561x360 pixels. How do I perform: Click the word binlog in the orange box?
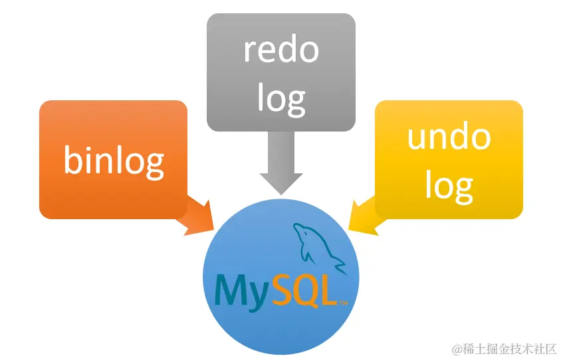(x=114, y=160)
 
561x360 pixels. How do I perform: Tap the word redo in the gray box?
(x=281, y=50)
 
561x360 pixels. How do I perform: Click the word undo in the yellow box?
(x=449, y=137)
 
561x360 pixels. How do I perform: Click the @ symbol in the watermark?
(x=457, y=347)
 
